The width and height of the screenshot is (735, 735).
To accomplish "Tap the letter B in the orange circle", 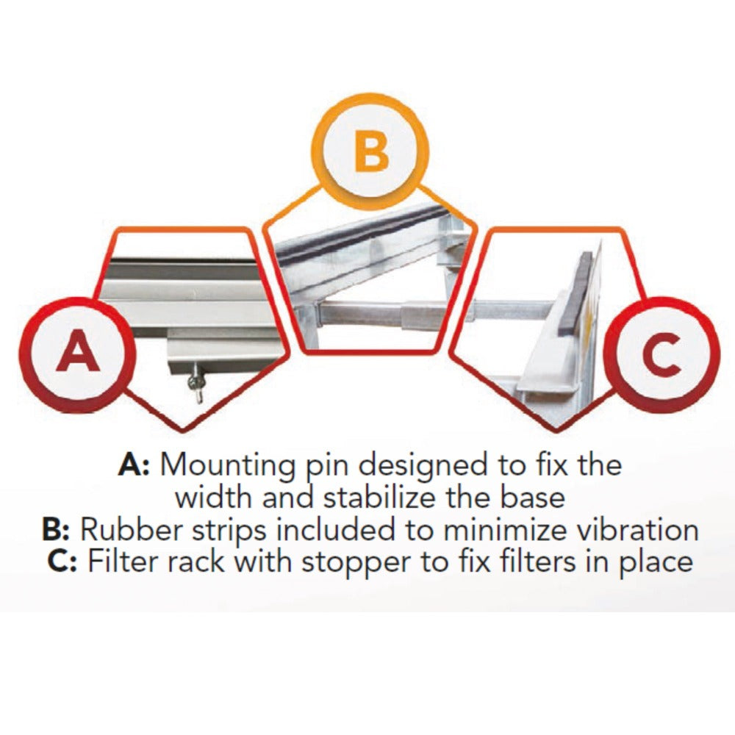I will [371, 152].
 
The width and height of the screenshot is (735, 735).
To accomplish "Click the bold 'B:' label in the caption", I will [57, 530].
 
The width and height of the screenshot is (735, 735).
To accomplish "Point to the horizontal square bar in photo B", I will [382, 316].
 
